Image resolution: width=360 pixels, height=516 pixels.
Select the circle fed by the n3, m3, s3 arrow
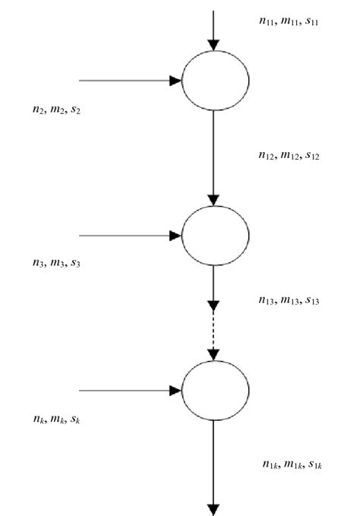tap(215, 236)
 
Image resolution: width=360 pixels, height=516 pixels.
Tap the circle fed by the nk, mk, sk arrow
tap(215, 391)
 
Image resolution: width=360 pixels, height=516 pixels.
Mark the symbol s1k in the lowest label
tap(314, 464)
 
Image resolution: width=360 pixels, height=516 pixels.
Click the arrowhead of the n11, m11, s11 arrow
tap(214, 44)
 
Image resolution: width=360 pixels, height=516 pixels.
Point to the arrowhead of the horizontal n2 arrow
tap(175, 81)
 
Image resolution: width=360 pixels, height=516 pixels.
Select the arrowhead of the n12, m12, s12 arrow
tap(214, 199)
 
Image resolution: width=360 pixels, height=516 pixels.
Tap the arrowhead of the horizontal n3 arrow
tap(175, 236)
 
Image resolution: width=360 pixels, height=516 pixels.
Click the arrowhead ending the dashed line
tap(214, 354)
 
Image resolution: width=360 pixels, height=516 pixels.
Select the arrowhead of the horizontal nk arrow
tap(175, 391)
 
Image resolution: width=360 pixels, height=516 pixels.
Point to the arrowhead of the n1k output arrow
tap(214, 509)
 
